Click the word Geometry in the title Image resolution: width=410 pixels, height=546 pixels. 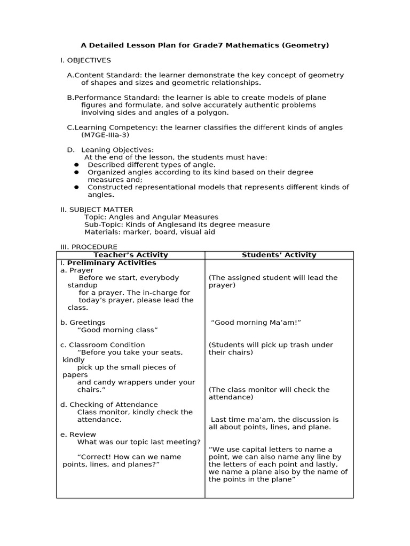[306, 45]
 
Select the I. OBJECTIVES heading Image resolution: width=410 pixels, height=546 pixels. [85, 60]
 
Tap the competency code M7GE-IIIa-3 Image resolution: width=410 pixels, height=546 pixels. [105, 135]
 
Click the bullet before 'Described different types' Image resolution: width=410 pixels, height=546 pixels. [76, 165]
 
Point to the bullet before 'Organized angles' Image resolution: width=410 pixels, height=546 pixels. [76, 172]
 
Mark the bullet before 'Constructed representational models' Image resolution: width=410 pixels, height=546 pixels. [76, 187]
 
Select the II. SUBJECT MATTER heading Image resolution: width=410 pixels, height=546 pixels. [97, 210]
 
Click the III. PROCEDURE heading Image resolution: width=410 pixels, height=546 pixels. [89, 247]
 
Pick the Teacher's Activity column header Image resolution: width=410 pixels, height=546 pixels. [131, 255]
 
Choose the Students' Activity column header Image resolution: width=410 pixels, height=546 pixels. [279, 255]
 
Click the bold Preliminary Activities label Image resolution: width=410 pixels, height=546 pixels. [112, 263]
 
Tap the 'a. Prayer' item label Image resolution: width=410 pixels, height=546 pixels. [77, 270]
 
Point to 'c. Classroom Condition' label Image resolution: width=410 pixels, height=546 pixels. [102, 345]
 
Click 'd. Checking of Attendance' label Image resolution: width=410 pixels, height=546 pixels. [109, 405]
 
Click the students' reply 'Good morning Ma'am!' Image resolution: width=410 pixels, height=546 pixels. [256, 323]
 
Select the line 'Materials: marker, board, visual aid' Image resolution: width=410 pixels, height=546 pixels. [150, 232]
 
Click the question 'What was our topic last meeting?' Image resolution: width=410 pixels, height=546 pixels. [139, 442]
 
